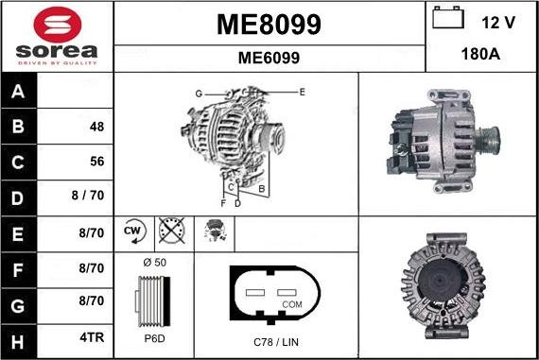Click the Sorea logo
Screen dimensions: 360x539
tap(56, 37)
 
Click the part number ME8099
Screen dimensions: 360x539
tap(269, 24)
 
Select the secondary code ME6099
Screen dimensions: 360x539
tap(269, 58)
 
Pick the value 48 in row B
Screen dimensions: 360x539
tap(96, 127)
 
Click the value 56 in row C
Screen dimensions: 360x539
tap(96, 162)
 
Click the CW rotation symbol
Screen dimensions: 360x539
tap(131, 231)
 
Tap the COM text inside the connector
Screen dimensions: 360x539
tap(293, 305)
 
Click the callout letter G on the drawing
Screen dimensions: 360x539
tap(200, 93)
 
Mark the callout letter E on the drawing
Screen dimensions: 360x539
tap(302, 92)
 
